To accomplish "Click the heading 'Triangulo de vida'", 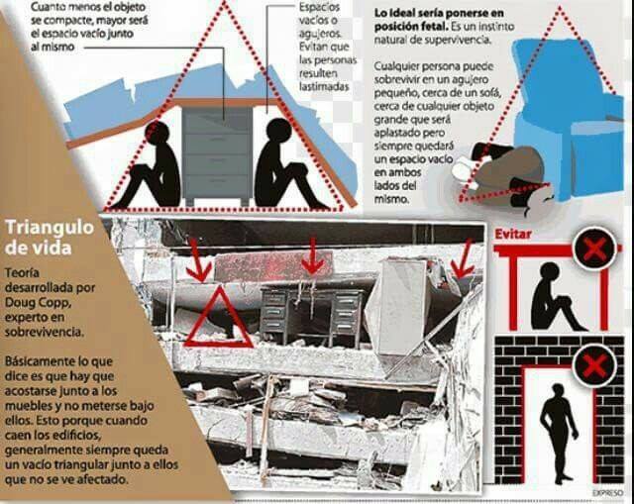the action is (50, 238).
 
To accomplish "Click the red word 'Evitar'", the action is (513, 234).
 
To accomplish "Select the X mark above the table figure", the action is (594, 249).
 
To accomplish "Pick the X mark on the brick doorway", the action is (594, 367).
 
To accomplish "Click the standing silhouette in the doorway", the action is (558, 434).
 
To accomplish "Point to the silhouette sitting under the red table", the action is (555, 296).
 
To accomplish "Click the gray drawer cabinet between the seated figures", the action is (217, 154).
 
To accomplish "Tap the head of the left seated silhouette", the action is (158, 133).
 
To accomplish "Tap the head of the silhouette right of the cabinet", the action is (278, 131).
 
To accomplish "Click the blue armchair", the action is (570, 117).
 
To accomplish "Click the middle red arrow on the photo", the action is (312, 255).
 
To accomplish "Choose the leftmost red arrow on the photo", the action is (198, 259).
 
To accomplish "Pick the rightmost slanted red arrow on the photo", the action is (463, 258).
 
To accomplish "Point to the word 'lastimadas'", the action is (324, 86).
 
